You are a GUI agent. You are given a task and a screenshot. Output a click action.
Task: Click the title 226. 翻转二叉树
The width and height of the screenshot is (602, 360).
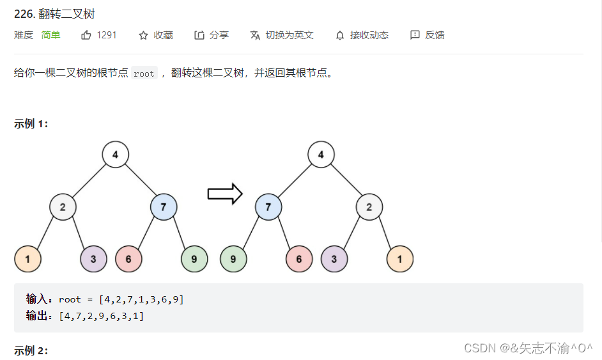(54, 14)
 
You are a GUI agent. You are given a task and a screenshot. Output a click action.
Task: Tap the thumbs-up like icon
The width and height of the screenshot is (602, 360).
(86, 35)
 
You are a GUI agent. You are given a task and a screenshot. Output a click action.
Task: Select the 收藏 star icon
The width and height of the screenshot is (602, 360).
(144, 35)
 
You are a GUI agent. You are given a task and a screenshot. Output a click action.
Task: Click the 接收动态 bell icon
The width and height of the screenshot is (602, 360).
(340, 35)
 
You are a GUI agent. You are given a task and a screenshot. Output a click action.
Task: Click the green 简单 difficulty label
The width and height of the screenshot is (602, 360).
(51, 35)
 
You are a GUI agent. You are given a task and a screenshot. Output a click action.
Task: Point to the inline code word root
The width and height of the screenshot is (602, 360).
(144, 74)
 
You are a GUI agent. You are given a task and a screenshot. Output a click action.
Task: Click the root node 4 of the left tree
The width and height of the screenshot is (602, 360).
(115, 155)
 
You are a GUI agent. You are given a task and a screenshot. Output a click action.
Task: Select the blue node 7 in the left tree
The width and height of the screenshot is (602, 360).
(164, 207)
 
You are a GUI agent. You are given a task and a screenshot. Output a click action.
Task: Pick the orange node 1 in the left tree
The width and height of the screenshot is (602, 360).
(27, 259)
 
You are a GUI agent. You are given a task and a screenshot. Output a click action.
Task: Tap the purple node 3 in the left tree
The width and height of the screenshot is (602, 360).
(94, 259)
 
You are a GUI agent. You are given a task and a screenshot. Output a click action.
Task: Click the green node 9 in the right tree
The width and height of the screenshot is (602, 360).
(233, 259)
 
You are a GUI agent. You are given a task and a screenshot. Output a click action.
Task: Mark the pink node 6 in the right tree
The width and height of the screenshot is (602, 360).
(299, 259)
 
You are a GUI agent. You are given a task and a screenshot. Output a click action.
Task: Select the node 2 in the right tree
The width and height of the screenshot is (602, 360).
(369, 207)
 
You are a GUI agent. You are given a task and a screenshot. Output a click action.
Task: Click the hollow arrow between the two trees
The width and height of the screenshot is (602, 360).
(225, 193)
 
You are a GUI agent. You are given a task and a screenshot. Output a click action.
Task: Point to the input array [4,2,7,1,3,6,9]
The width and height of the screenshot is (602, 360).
(141, 299)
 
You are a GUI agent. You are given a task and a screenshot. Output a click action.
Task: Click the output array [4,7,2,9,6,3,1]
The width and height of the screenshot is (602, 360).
(101, 316)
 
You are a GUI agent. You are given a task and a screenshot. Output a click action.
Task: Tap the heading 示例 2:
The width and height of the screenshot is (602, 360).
(31, 350)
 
